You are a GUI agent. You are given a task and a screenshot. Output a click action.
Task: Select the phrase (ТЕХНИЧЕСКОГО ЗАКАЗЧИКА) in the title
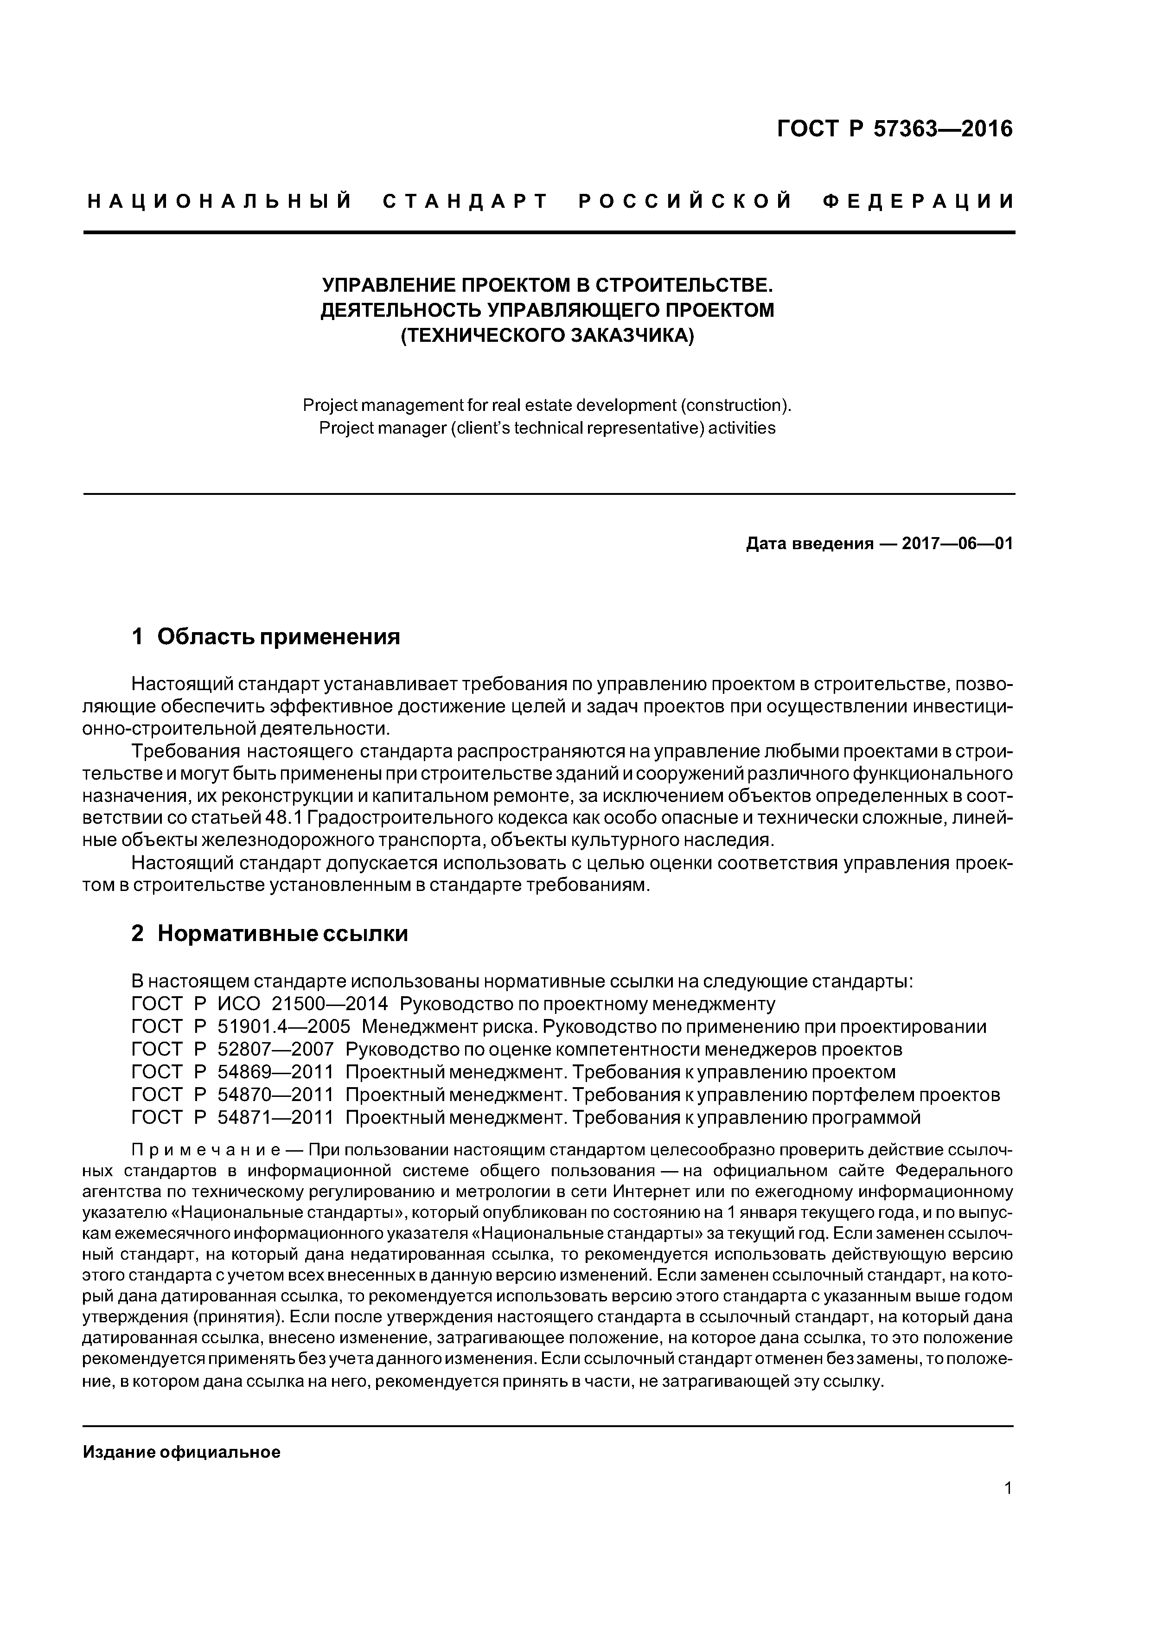click(548, 334)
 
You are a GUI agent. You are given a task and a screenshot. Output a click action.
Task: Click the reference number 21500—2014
click(330, 1004)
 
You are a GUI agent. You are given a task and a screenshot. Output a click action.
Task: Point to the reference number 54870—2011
click(275, 1095)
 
